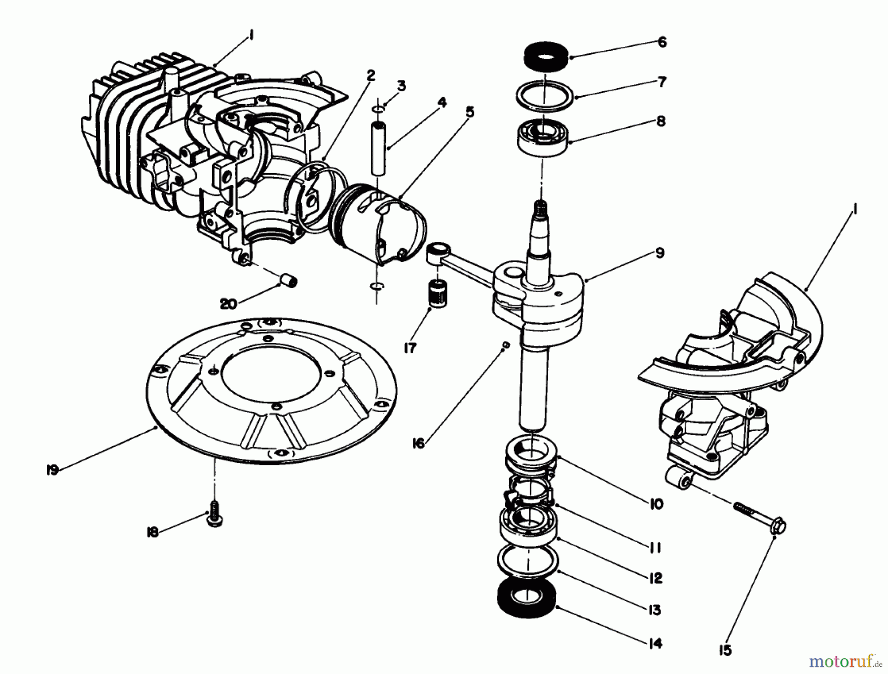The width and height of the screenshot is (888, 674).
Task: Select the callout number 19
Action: pos(52,470)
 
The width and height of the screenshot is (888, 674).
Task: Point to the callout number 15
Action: pos(725,651)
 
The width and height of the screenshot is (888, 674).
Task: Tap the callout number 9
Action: pos(660,253)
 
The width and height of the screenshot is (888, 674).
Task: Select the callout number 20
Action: pos(228,304)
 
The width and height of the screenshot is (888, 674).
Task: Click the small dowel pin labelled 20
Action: pos(290,282)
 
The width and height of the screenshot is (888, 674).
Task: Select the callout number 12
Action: pos(655,578)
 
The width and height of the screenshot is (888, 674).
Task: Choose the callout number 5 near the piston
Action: pos(470,113)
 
